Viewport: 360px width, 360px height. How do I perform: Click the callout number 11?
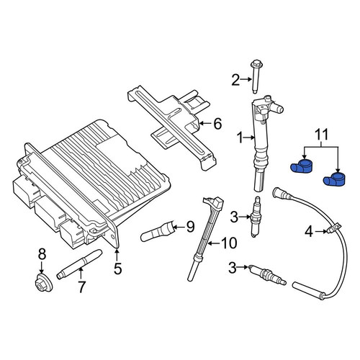pos(321,135)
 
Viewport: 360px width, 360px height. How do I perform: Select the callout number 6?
pos(217,124)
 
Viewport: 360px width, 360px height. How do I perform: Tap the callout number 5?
pos(117,269)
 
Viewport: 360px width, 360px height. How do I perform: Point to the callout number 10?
pos(229,243)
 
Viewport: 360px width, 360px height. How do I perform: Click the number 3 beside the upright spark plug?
pos(234,217)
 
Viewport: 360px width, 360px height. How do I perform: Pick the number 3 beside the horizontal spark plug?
pos(233,268)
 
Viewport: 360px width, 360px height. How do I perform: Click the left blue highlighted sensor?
pos(301,166)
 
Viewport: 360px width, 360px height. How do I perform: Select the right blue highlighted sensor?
pos(334,179)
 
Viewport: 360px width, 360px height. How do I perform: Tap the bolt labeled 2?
pos(255,77)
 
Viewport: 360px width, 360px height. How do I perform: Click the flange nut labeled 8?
pos(43,283)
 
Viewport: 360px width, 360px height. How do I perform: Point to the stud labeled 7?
pos(80,264)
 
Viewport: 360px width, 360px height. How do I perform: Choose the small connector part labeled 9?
pos(157,231)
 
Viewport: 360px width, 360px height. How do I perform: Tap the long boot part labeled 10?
pos(205,239)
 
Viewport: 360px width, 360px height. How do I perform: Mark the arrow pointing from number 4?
pos(321,231)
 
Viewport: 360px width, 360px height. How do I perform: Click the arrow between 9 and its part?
pos(178,227)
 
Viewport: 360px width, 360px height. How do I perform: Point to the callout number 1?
pos(240,138)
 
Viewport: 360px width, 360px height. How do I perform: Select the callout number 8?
pos(42,254)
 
